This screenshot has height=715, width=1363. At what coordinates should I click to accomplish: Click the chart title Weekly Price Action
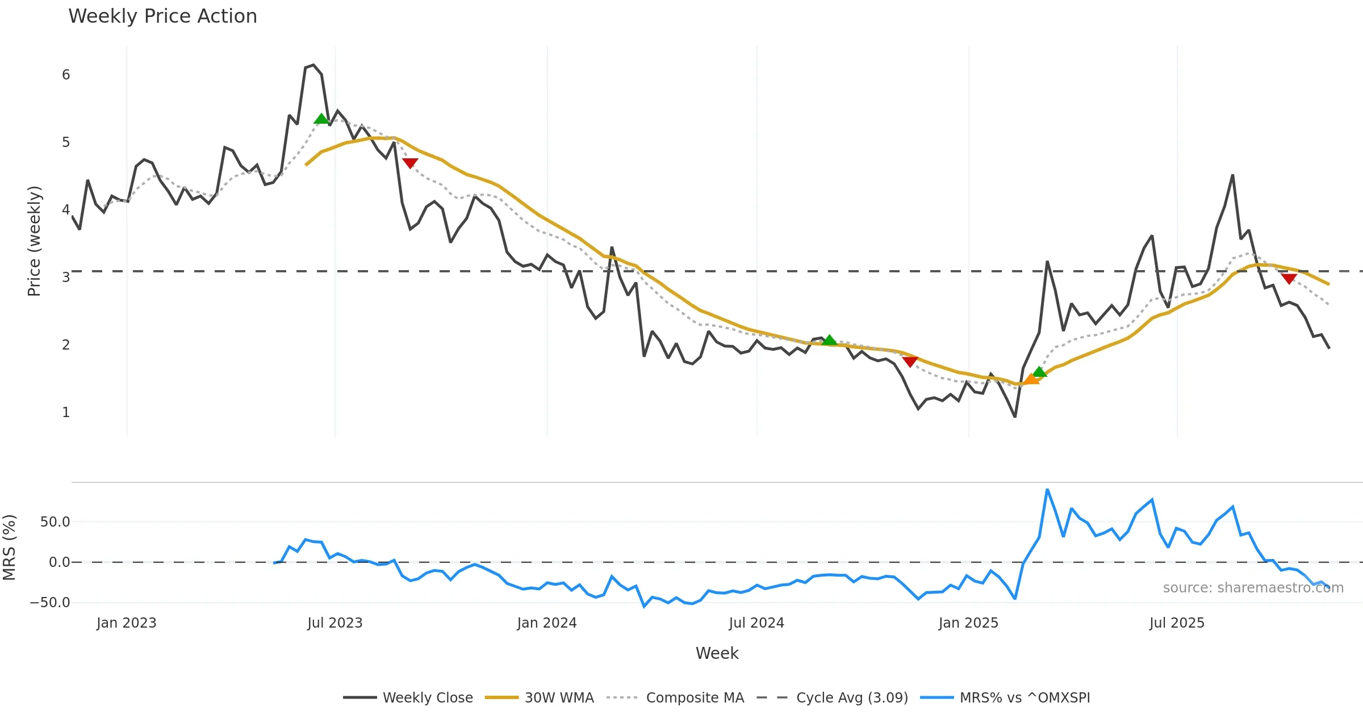coord(162,16)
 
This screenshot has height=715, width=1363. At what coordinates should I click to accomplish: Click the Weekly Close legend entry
coord(427,697)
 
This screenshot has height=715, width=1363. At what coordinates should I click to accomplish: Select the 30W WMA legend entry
coord(559,697)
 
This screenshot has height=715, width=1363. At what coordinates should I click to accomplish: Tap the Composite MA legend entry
coord(695,697)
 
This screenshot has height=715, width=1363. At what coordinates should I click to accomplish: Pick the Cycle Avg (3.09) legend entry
coord(852,697)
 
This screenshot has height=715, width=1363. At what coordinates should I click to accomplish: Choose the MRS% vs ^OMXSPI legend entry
coord(1025,697)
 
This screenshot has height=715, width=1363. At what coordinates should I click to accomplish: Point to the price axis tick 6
coord(66,75)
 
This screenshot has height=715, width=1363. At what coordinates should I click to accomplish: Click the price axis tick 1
coord(66,413)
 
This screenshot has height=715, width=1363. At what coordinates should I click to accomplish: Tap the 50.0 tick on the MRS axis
coord(55,522)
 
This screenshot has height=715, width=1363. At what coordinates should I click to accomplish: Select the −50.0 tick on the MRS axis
coord(50,603)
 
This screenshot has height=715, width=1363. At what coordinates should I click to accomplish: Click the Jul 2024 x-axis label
coord(756,623)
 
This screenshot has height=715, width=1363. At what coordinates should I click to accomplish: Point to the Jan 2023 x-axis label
coord(126,623)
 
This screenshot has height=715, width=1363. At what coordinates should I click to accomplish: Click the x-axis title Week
coord(717,654)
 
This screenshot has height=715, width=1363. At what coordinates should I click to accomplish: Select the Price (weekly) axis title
coord(34,241)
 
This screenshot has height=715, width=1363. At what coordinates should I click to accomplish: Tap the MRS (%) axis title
coord(10,548)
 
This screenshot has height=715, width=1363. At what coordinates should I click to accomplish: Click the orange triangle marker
coord(1031,379)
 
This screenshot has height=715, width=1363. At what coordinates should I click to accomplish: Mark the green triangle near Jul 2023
coord(321,119)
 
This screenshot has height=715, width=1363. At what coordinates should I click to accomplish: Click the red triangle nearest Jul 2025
coord(1289,279)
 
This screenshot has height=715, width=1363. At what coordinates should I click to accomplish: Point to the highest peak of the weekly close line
coord(313,65)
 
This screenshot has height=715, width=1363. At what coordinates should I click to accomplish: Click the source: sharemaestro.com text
coord(1253,588)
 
